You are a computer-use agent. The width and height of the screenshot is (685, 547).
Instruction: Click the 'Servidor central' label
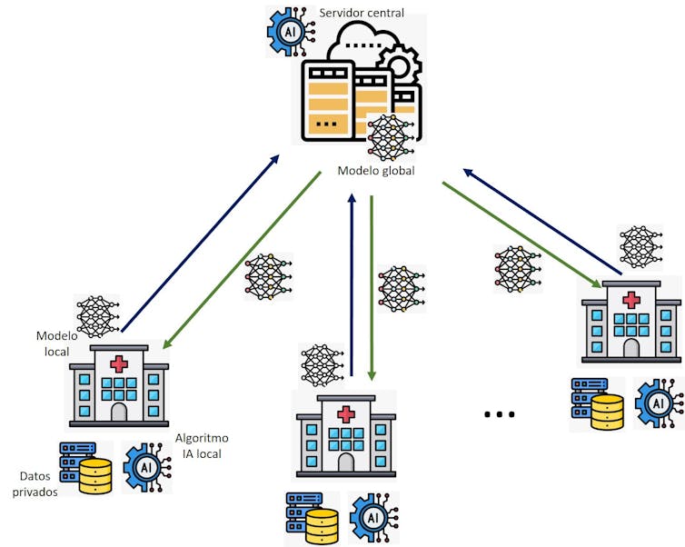pos(362,13)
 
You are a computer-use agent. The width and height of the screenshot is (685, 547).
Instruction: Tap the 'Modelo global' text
pos(376,170)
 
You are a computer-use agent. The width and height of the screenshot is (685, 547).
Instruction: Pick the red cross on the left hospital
pos(119,364)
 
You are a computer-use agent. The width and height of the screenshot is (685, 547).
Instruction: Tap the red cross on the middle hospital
pos(346,413)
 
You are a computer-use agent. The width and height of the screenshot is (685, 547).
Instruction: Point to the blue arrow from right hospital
pos(542,222)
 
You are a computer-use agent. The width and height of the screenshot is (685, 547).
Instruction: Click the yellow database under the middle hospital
pos(321,526)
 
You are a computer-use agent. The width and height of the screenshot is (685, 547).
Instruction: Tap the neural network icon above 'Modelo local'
pos(97,316)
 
